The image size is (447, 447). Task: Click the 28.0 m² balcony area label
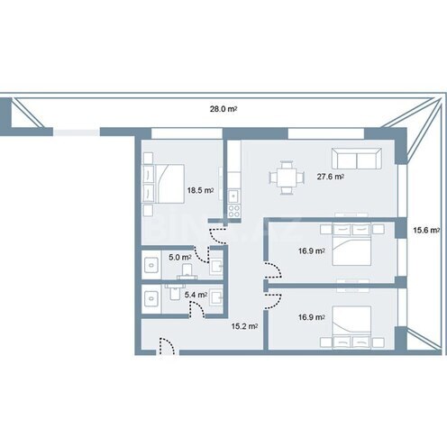click(x=223, y=109)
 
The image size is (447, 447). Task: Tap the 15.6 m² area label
click(x=426, y=231)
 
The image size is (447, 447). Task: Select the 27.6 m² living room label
click(x=331, y=177)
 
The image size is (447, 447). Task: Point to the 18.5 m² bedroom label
click(x=201, y=190)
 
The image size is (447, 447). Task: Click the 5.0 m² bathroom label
click(x=180, y=257)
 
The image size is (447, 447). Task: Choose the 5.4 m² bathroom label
click(x=196, y=295)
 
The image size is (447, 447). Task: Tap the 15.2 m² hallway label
click(x=244, y=326)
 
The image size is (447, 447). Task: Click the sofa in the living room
click(x=357, y=159)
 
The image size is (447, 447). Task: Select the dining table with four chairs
click(x=287, y=178)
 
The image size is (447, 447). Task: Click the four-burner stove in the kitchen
click(x=234, y=211)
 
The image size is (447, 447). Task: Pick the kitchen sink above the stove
click(x=234, y=196)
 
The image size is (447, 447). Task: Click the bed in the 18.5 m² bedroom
click(x=169, y=184)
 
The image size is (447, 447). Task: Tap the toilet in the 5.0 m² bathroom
click(x=187, y=271)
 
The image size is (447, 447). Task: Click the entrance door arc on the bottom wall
click(x=167, y=346)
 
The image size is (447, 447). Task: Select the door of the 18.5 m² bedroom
click(x=218, y=236)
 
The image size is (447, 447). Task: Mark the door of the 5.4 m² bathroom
click(x=196, y=309)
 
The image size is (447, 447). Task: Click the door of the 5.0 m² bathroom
click(x=201, y=255)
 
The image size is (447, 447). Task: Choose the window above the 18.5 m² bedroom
click(x=187, y=133)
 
